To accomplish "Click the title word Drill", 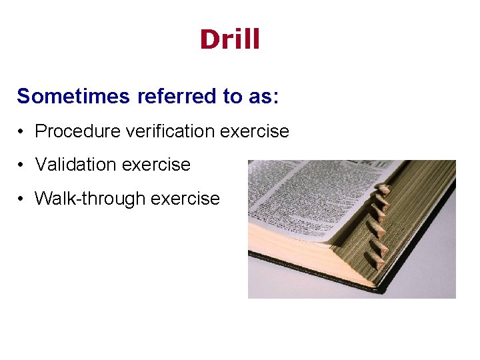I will click(230, 40).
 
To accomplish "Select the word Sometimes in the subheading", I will click(74, 97).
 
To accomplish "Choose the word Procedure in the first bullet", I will click(72, 131).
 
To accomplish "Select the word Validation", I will click(79, 165).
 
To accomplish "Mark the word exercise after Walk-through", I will click(188, 198).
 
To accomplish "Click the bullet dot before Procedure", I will click(22, 132).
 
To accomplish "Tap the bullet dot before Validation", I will click(22, 165).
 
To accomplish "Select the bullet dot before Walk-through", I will click(22, 199).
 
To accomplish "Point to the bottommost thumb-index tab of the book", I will click(379, 260).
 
